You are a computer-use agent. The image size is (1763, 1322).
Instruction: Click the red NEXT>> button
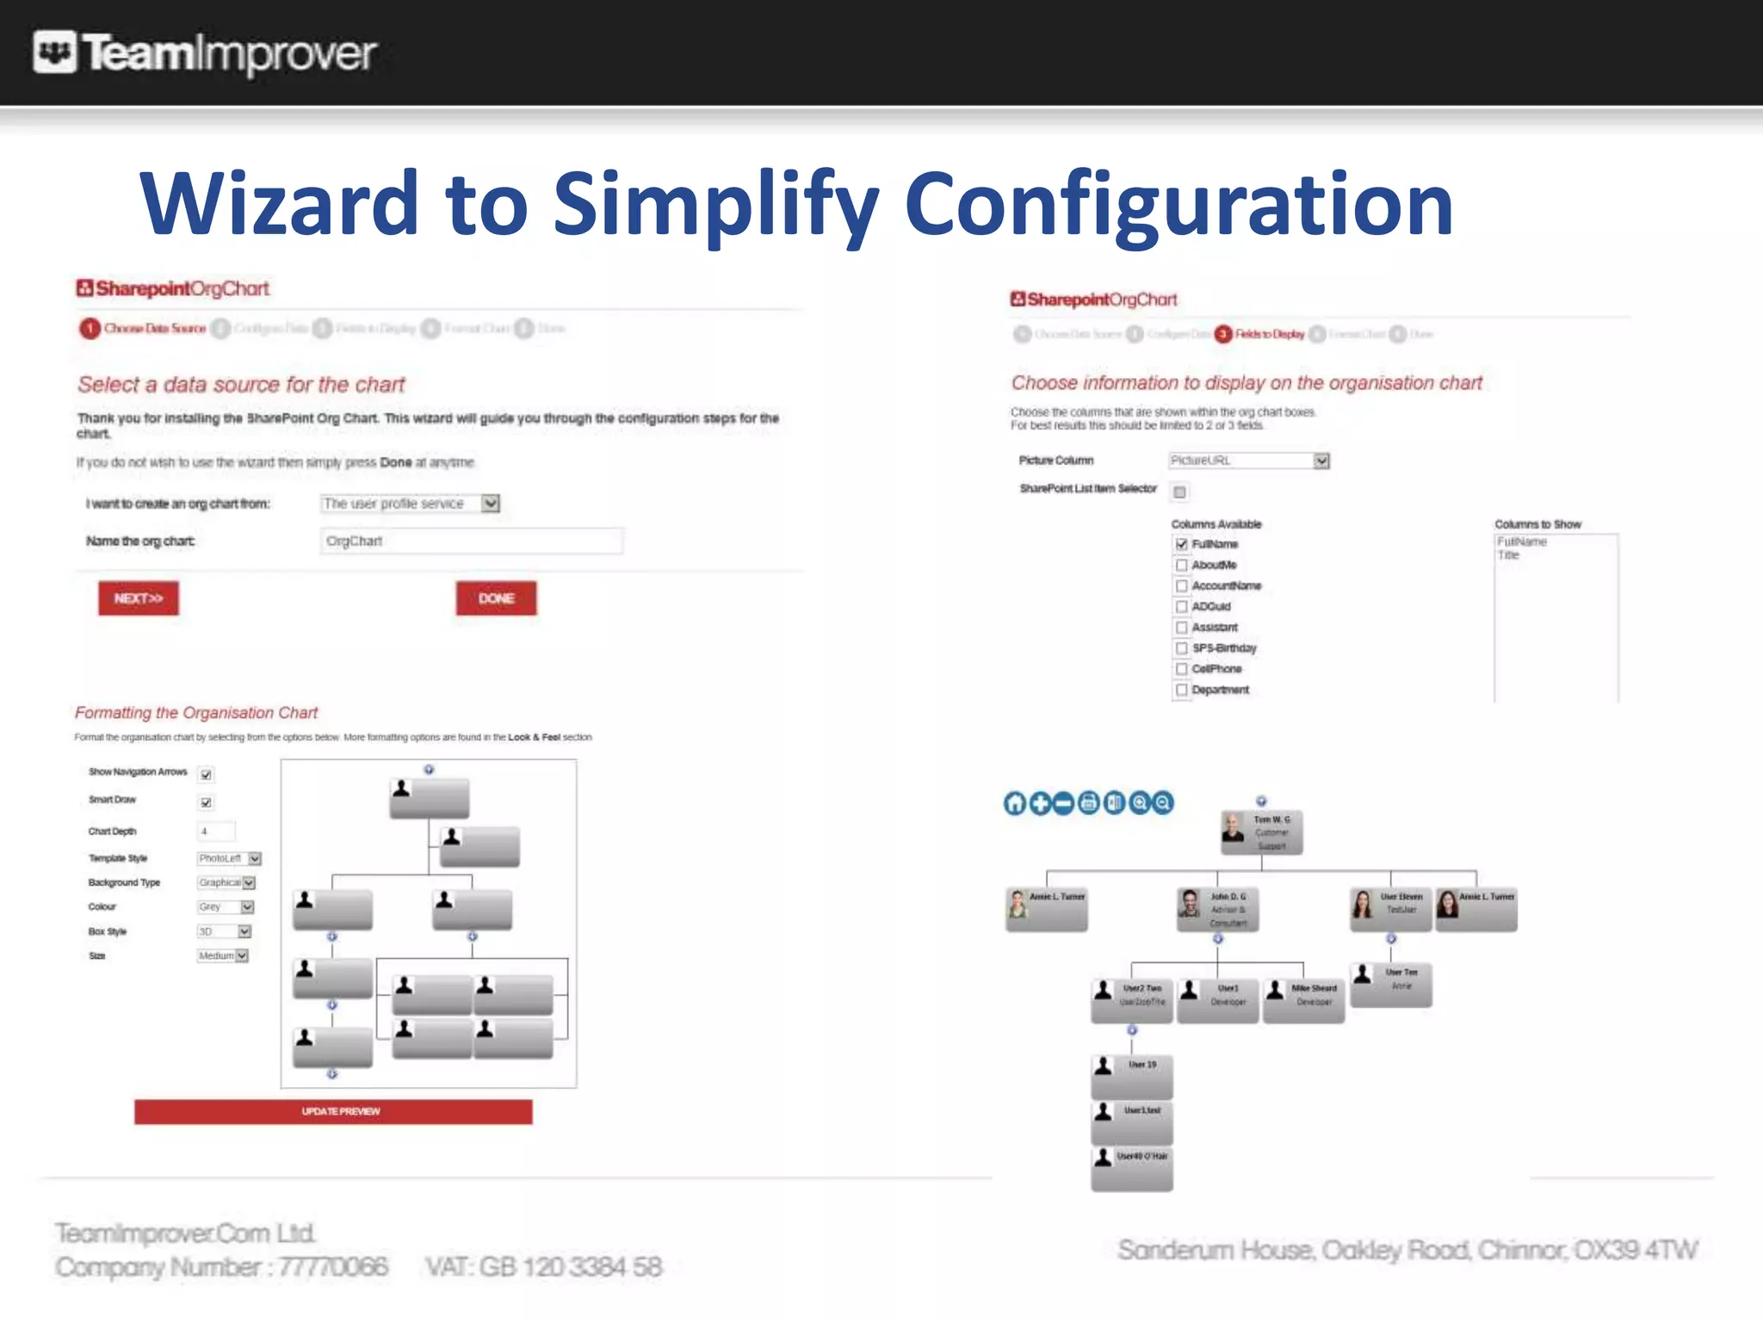[139, 598]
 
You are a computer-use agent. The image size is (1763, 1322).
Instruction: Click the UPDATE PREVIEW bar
[333, 1111]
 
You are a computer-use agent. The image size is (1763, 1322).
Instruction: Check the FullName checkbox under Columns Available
[1182, 544]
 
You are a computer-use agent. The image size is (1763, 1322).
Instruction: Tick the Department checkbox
[1182, 690]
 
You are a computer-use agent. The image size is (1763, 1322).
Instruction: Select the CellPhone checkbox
[1182, 670]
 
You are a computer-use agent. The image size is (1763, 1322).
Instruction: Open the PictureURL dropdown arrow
[1321, 461]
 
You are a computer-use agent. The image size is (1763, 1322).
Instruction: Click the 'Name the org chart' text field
[471, 541]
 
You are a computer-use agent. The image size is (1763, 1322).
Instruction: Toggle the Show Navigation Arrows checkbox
[207, 775]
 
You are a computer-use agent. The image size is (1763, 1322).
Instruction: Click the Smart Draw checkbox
[207, 803]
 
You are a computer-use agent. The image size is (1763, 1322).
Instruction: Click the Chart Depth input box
[216, 831]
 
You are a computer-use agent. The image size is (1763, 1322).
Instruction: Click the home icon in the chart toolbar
[1016, 803]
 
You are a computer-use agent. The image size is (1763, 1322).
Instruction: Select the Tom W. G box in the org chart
[1262, 832]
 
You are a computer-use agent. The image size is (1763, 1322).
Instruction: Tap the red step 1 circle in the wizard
[90, 329]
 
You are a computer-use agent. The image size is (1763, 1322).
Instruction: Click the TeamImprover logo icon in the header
[55, 53]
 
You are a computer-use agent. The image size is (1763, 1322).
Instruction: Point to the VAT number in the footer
[544, 1267]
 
